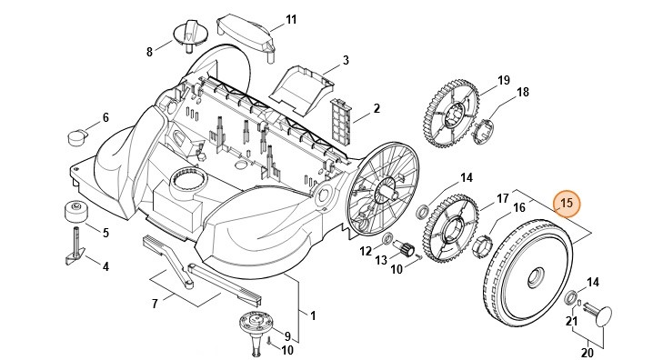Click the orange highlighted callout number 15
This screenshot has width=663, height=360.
[567, 204]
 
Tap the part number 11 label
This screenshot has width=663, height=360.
[291, 20]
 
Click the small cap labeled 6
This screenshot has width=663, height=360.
[77, 137]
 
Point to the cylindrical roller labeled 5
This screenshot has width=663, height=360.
[76, 211]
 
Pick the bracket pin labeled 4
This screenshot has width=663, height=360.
[75, 246]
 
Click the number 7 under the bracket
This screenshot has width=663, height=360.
[155, 304]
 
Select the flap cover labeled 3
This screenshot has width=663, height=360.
[301, 90]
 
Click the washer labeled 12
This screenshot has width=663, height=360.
[387, 240]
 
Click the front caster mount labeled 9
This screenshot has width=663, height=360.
[256, 332]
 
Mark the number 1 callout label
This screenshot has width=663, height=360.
[313, 315]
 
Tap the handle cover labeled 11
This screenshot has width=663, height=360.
[246, 36]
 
